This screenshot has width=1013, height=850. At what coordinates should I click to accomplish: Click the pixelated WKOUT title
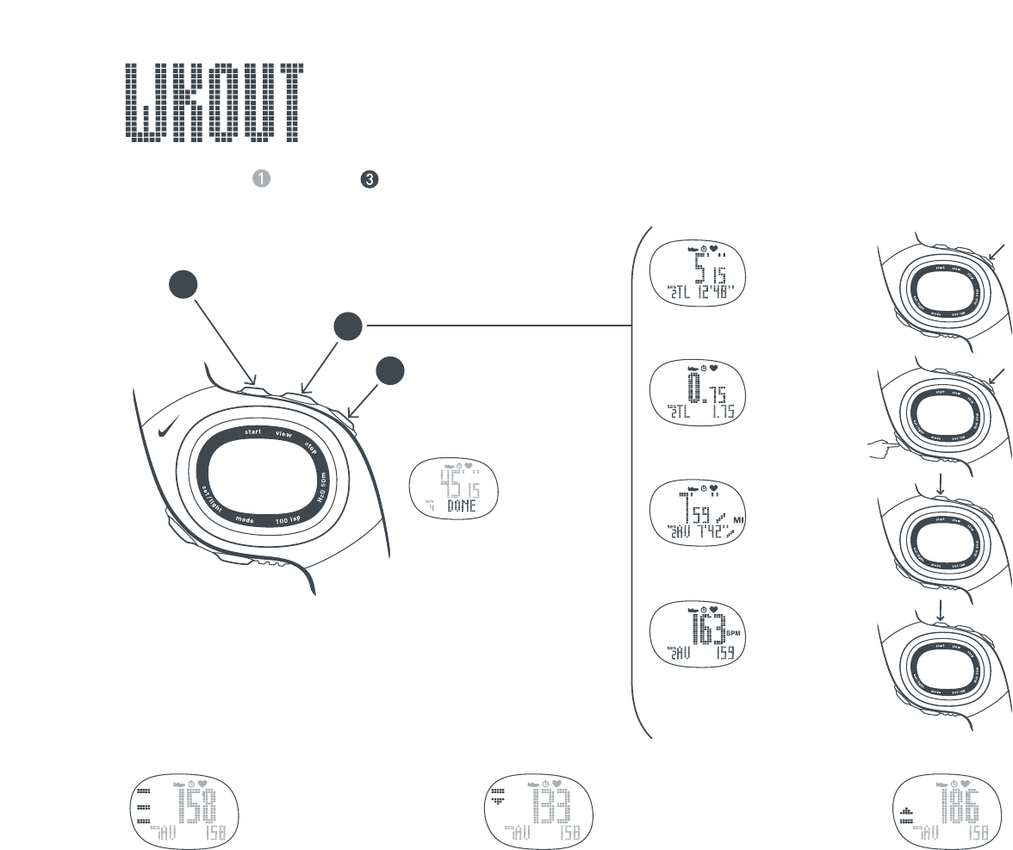tap(214, 103)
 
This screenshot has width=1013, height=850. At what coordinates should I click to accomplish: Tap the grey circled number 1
tap(262, 178)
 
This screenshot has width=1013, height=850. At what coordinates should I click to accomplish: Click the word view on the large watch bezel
tap(283, 435)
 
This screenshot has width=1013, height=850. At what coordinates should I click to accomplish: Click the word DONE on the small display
tap(466, 507)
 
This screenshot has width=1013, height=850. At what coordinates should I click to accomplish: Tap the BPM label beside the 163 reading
tap(735, 633)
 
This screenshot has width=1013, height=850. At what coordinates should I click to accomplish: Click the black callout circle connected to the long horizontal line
tap(348, 326)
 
